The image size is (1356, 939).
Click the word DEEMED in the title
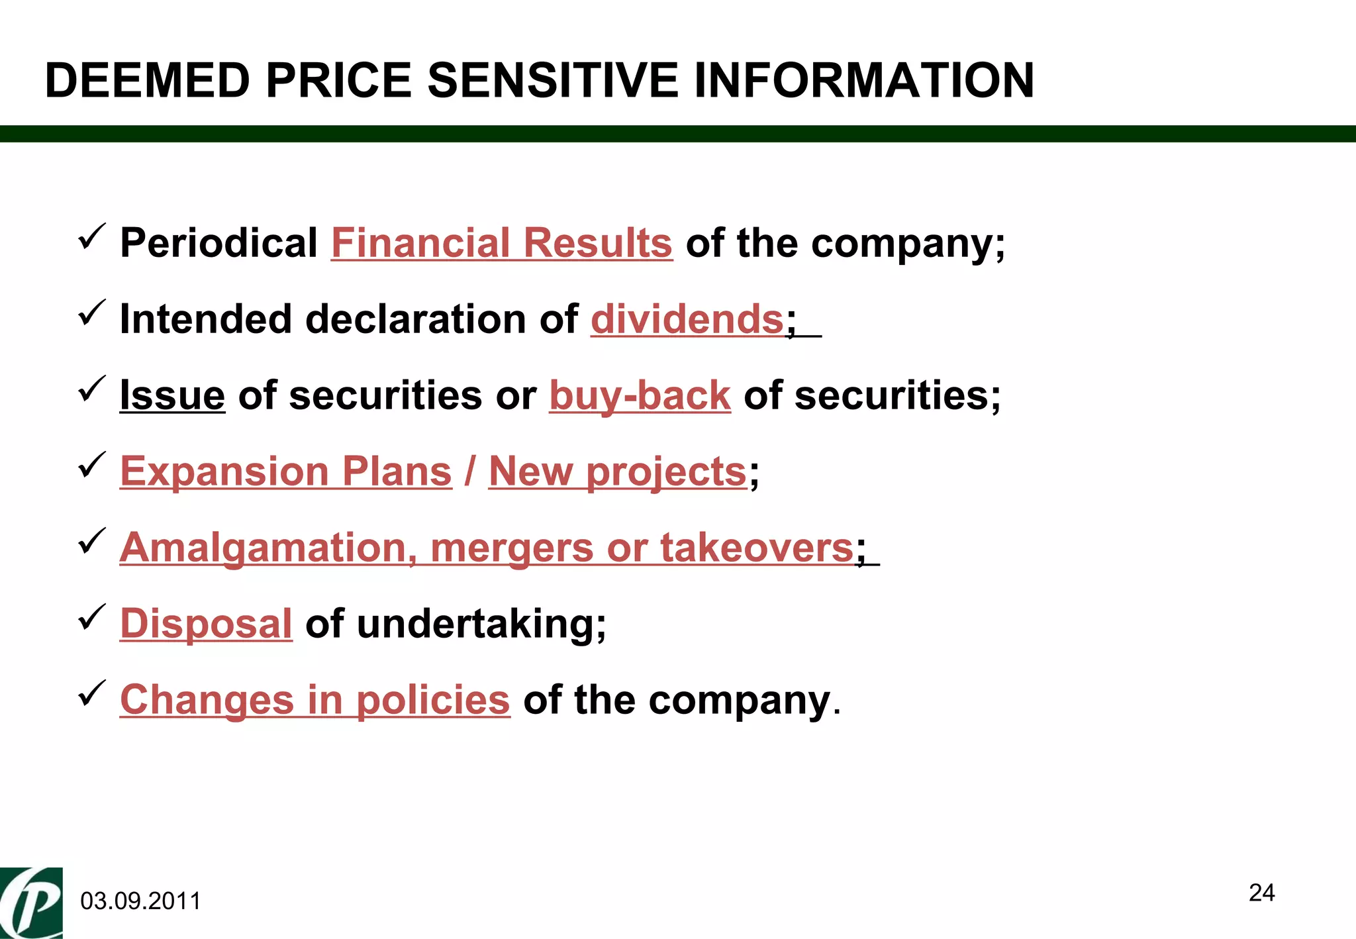tap(148, 80)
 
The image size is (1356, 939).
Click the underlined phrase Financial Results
tap(501, 242)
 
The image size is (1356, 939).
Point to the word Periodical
tap(218, 242)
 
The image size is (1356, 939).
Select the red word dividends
tap(687, 319)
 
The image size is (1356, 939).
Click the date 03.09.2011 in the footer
tap(140, 901)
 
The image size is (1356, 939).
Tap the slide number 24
tap(1261, 893)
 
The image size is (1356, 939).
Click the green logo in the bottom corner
tap(31, 903)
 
